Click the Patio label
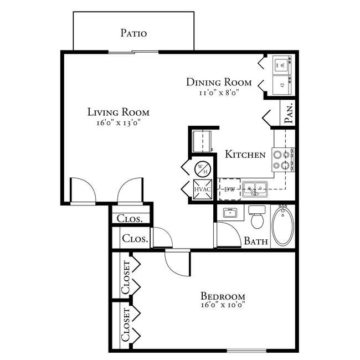point(133,33)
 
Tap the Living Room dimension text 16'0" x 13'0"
point(118,123)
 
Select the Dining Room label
point(219,83)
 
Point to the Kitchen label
point(245,155)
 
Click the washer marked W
point(282,65)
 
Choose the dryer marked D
point(282,85)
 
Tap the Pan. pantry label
point(289,114)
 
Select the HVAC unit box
point(200,189)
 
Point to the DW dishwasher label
point(229,189)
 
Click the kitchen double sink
point(255,189)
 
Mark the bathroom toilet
point(257,219)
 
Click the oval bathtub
point(283,226)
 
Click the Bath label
point(256,241)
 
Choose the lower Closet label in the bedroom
point(125,325)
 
